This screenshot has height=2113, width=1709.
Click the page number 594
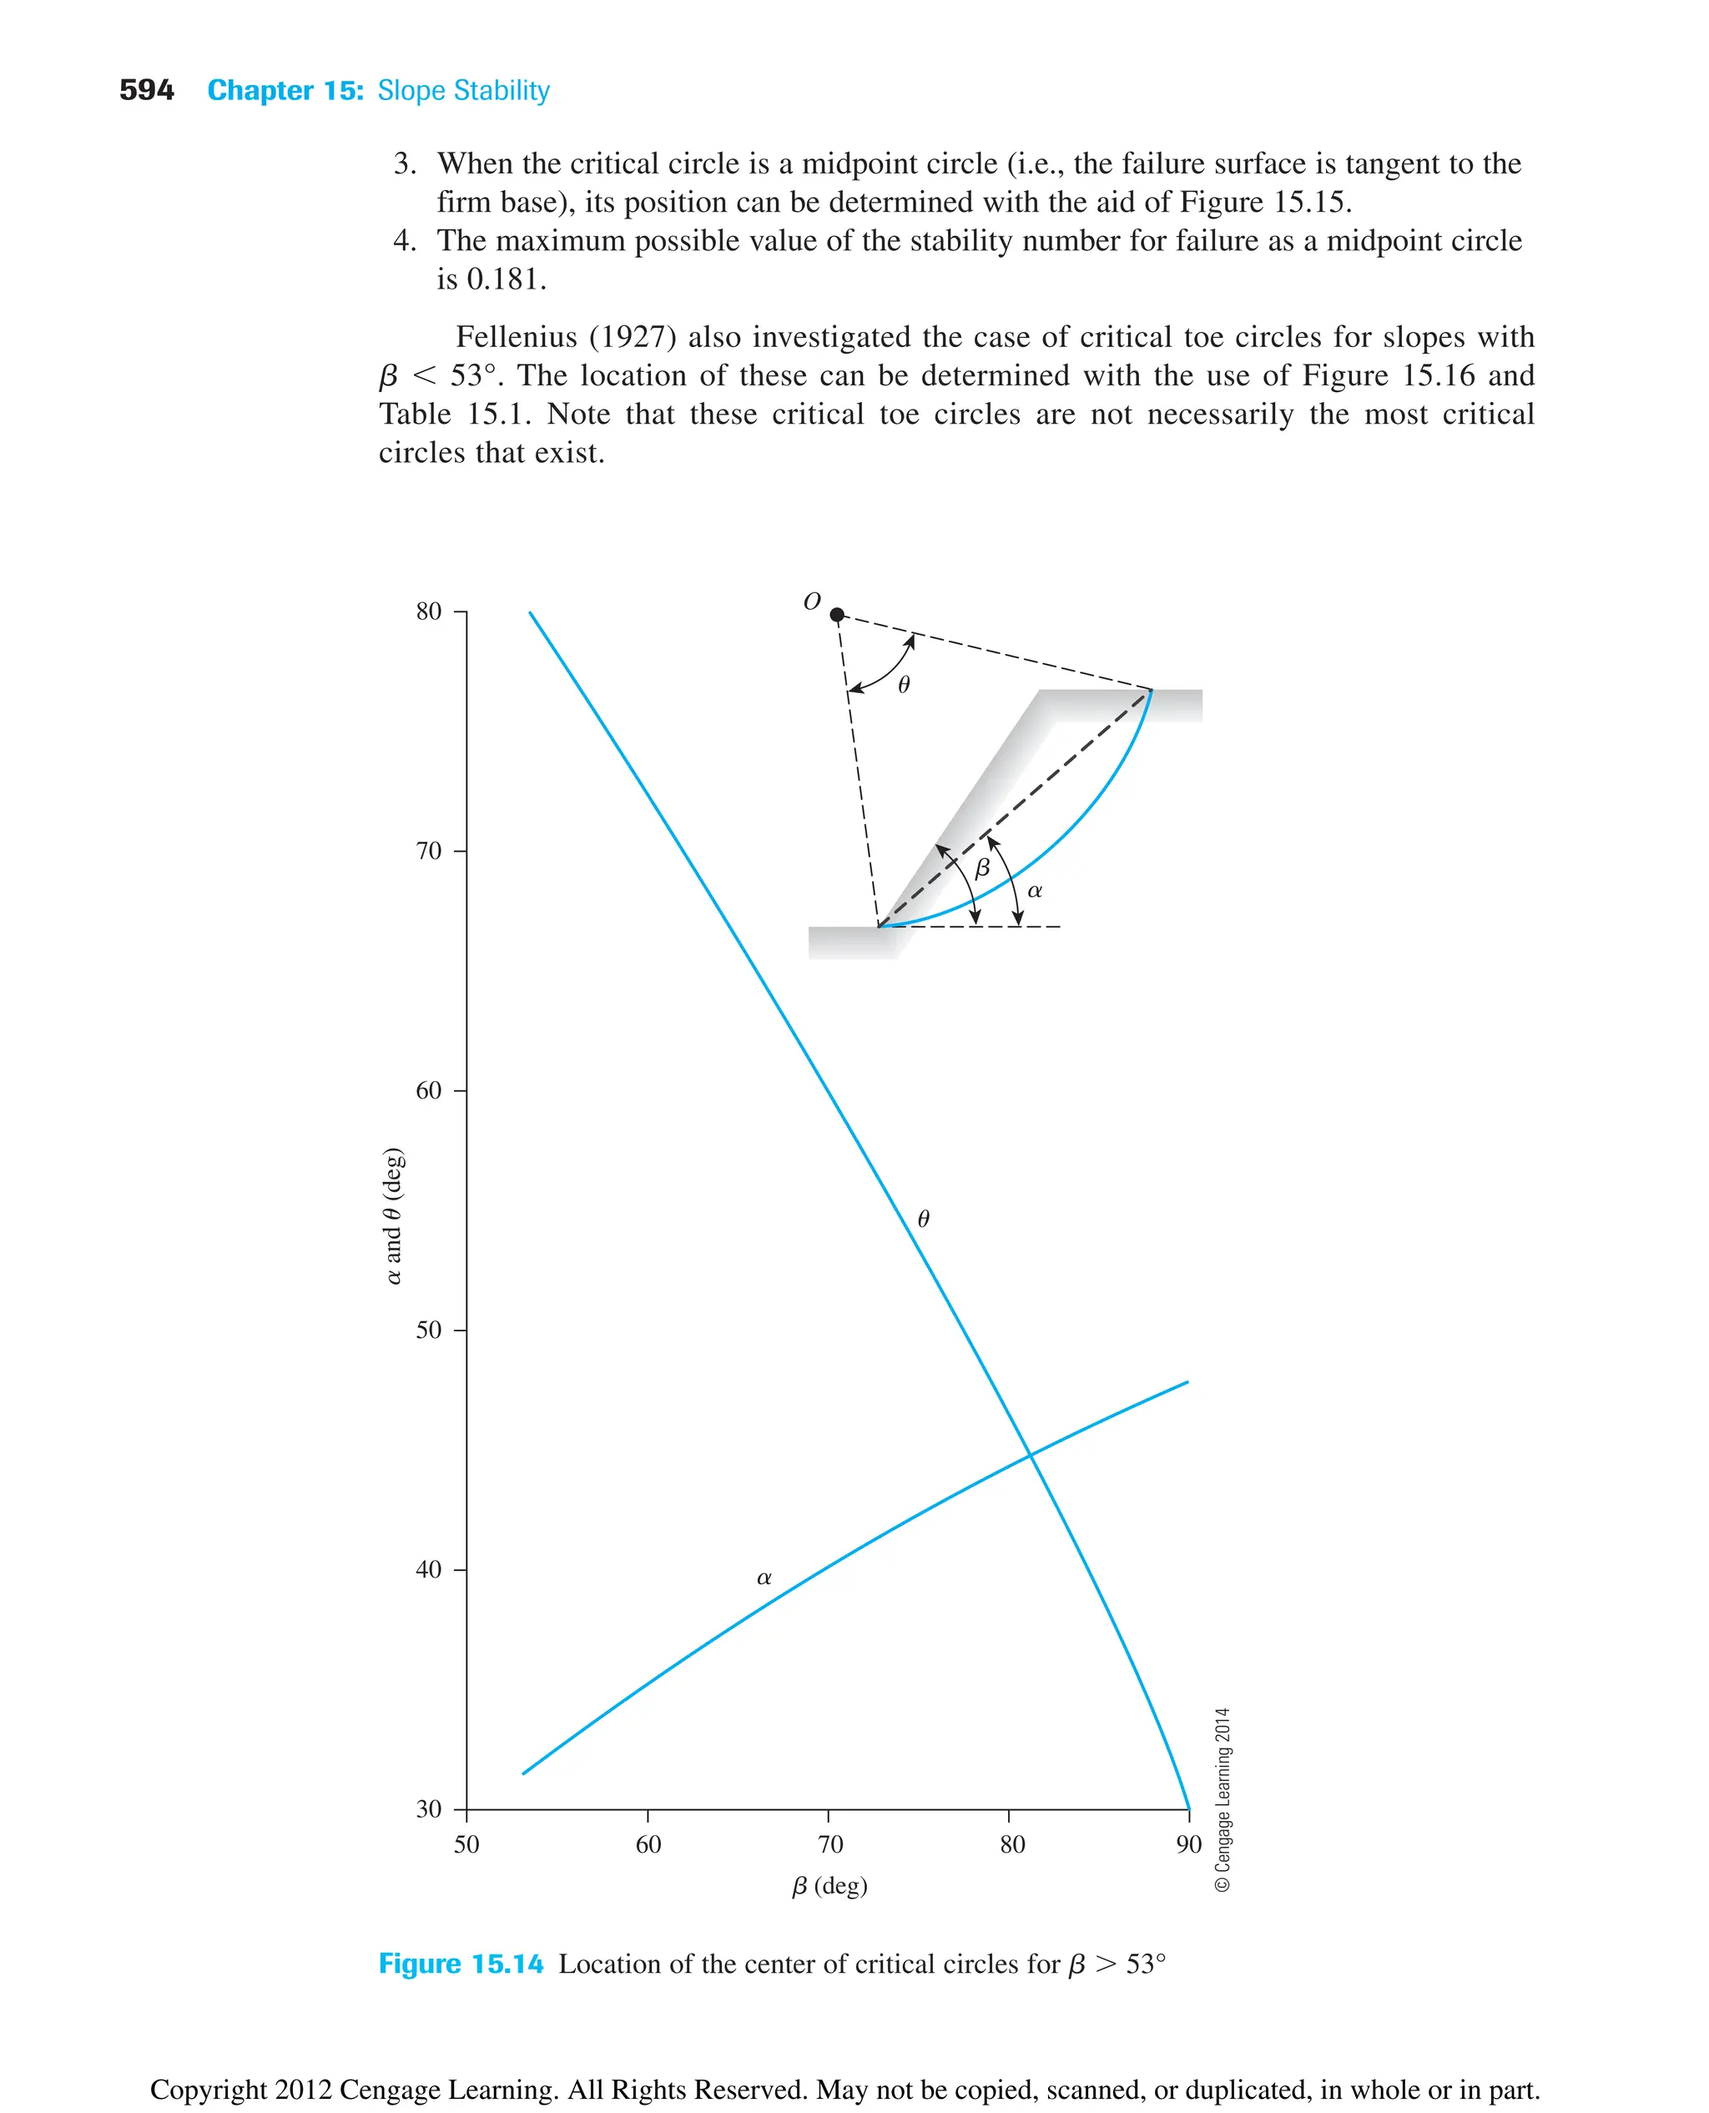(x=146, y=91)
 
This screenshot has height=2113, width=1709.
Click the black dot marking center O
(x=837, y=615)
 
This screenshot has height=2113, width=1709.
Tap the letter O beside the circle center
(x=812, y=601)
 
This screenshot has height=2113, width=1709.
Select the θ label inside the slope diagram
(x=904, y=685)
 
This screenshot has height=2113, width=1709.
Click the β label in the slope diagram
(x=981, y=869)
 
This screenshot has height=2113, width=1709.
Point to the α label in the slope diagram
(x=1035, y=891)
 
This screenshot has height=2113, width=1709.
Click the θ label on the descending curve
(x=924, y=1220)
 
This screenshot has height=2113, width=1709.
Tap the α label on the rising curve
(x=764, y=1577)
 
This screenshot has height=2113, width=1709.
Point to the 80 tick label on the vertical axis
(x=428, y=612)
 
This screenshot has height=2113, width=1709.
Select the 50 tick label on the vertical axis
(x=428, y=1331)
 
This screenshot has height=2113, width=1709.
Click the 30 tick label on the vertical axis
(x=428, y=1809)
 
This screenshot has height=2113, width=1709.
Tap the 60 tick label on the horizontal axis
(x=648, y=1845)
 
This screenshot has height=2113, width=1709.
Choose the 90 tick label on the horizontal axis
(x=1188, y=1845)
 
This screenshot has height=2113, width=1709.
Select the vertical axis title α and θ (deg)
(x=393, y=1215)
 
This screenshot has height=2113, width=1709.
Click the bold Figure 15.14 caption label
(x=461, y=1965)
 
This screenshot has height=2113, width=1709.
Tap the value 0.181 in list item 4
(x=506, y=279)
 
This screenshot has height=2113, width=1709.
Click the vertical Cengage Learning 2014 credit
(x=1223, y=1799)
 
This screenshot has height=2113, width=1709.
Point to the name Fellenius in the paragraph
(x=516, y=338)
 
